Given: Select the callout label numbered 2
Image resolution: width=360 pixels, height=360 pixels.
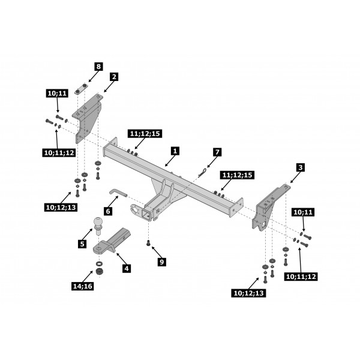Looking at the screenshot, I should click(x=114, y=77).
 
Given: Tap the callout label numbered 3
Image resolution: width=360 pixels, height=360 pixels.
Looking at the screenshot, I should click(x=300, y=167).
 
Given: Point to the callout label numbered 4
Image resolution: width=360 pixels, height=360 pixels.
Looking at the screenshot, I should click(x=127, y=269).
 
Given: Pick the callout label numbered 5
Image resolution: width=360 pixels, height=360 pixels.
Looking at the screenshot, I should click(x=82, y=244).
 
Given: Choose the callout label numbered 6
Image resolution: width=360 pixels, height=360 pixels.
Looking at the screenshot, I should click(x=108, y=211).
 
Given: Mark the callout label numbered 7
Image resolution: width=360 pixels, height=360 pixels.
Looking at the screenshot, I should click(x=217, y=152).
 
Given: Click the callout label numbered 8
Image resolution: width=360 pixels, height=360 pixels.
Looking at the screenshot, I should click(x=98, y=66).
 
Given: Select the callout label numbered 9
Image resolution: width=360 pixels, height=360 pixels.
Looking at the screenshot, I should click(x=161, y=262).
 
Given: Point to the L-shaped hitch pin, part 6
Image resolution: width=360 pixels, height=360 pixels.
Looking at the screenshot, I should click(x=117, y=192).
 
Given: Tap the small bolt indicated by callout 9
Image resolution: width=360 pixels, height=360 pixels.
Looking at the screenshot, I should click(x=148, y=243).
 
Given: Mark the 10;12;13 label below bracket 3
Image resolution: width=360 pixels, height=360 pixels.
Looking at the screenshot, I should click(x=247, y=293).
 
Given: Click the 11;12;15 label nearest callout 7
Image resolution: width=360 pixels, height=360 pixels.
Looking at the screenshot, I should click(x=238, y=175).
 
